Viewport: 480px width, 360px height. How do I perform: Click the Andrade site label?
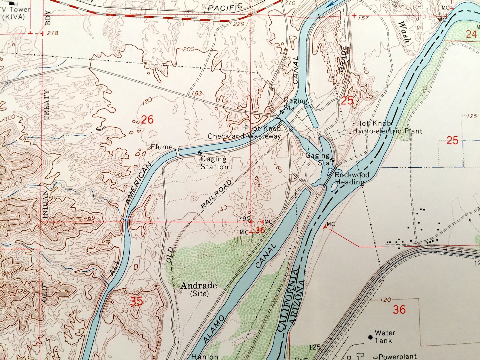click(199, 289)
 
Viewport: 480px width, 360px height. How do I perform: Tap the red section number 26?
click(147, 120)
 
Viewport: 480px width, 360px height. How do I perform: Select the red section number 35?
click(136, 301)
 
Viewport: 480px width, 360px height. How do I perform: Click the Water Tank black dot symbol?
click(370, 337)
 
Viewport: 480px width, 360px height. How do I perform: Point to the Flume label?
click(162, 147)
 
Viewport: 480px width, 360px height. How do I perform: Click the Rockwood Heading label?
click(352, 178)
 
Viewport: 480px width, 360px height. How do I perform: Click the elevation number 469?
click(89, 218)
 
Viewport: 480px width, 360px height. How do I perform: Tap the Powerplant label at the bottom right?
click(397, 356)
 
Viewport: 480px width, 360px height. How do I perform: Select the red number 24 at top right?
click(471, 34)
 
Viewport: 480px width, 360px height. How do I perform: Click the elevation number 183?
click(197, 93)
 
